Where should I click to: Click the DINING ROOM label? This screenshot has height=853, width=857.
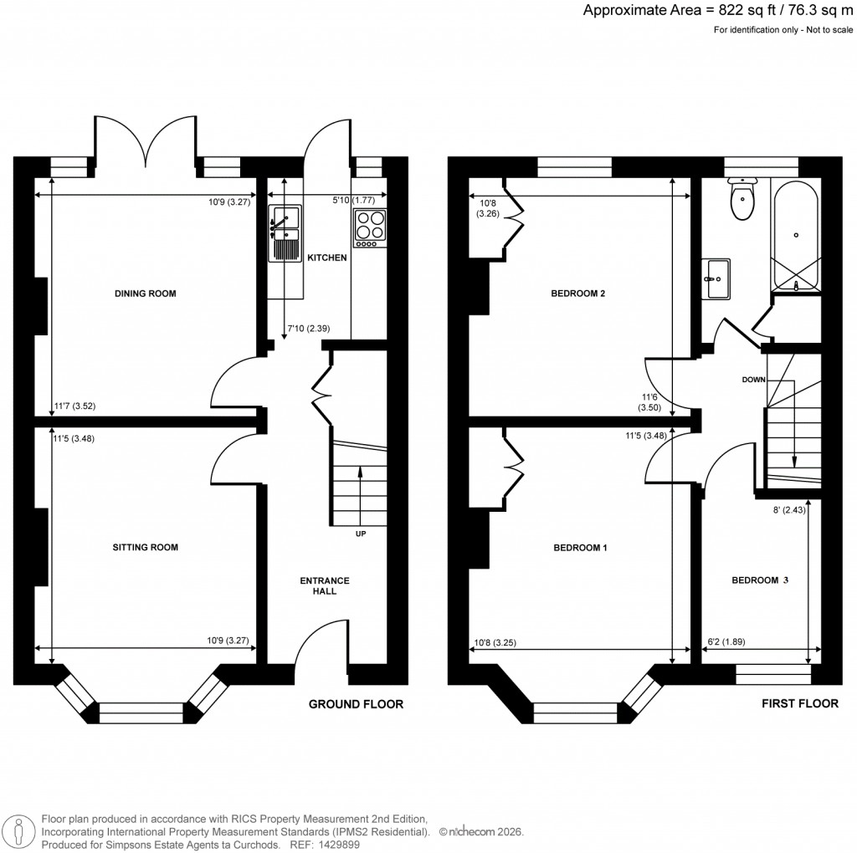145,294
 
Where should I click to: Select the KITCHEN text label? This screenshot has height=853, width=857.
326,258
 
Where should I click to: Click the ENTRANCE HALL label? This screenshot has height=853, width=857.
325,585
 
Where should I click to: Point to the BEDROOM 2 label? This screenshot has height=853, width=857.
577,294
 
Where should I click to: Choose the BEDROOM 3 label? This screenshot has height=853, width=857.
760,580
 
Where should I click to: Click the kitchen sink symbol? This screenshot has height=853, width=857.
285,232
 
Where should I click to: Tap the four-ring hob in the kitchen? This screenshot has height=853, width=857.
371,227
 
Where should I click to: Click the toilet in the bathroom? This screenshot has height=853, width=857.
742,199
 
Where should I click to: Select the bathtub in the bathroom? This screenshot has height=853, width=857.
796,238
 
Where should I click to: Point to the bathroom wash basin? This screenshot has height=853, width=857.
717,278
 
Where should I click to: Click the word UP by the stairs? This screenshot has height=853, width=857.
361,534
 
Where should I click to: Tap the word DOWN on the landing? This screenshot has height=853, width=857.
754,379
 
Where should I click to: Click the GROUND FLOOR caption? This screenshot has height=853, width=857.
356,704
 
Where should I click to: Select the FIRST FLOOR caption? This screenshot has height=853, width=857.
799,703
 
